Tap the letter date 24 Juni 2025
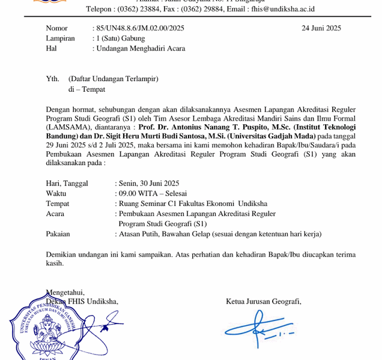tap(321, 28)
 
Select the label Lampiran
tap(60, 38)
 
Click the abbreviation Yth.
tap(53, 79)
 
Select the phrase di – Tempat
tap(86, 89)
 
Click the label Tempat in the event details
tap(57, 203)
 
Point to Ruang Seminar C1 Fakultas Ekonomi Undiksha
tap(193, 203)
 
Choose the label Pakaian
tap(58, 234)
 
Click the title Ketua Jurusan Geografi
tap(263, 301)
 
